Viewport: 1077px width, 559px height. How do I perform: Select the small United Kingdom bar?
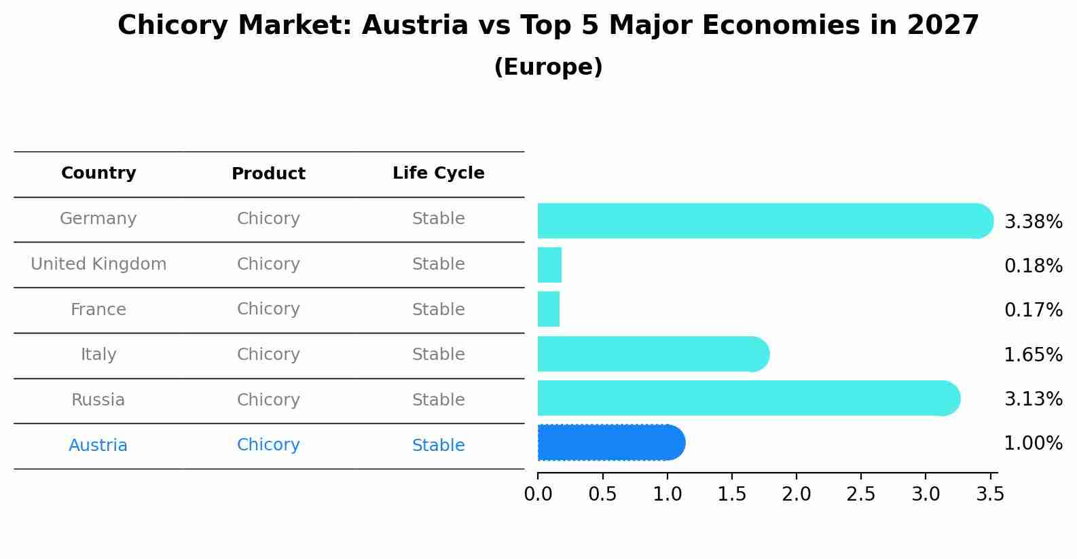click(x=549, y=265)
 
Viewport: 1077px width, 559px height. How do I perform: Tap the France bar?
click(x=549, y=309)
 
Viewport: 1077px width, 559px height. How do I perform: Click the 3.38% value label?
click(x=1033, y=222)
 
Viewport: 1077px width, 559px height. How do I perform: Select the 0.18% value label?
click(x=1033, y=266)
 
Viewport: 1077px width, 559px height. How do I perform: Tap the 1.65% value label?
click(x=1033, y=355)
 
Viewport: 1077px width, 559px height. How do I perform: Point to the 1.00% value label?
click(x=1033, y=444)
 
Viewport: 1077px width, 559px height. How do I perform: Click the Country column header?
click(x=98, y=173)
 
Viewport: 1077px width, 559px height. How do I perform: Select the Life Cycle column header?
click(x=438, y=173)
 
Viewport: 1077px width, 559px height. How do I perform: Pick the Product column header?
click(x=268, y=174)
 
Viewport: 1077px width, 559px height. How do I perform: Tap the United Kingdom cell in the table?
click(x=98, y=264)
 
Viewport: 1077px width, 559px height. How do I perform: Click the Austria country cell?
click(x=98, y=446)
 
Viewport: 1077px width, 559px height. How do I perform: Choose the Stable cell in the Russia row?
click(x=438, y=400)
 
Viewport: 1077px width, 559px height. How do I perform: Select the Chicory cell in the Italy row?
click(x=268, y=355)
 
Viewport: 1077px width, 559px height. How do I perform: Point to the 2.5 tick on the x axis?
click(x=861, y=494)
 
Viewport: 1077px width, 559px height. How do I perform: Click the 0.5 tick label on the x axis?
click(x=602, y=494)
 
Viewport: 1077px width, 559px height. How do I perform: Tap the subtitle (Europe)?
click(x=548, y=67)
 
